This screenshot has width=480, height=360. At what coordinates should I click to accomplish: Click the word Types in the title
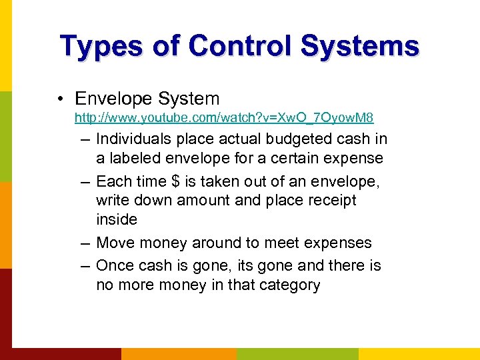(99, 46)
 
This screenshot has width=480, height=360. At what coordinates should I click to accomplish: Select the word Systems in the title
(360, 46)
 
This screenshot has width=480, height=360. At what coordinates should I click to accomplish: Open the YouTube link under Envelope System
(224, 118)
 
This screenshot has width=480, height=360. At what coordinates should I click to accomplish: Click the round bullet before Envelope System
(61, 99)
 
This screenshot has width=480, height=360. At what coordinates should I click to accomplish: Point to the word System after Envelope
(189, 99)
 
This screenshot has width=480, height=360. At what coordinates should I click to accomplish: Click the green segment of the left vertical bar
(5, 137)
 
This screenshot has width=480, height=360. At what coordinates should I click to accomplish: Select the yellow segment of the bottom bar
(419, 353)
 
